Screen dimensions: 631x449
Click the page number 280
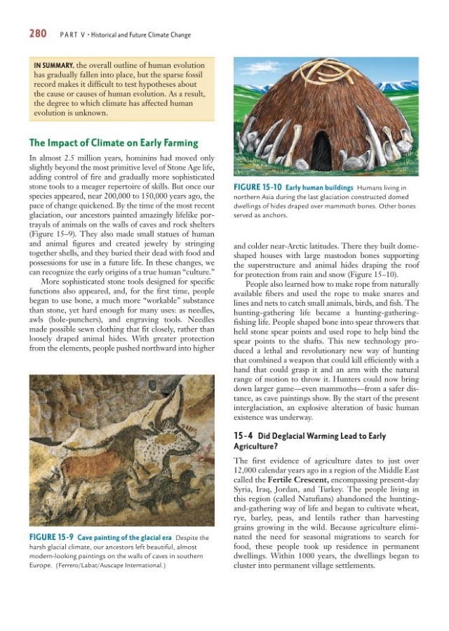38,32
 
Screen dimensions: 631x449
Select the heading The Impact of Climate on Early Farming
114,143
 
